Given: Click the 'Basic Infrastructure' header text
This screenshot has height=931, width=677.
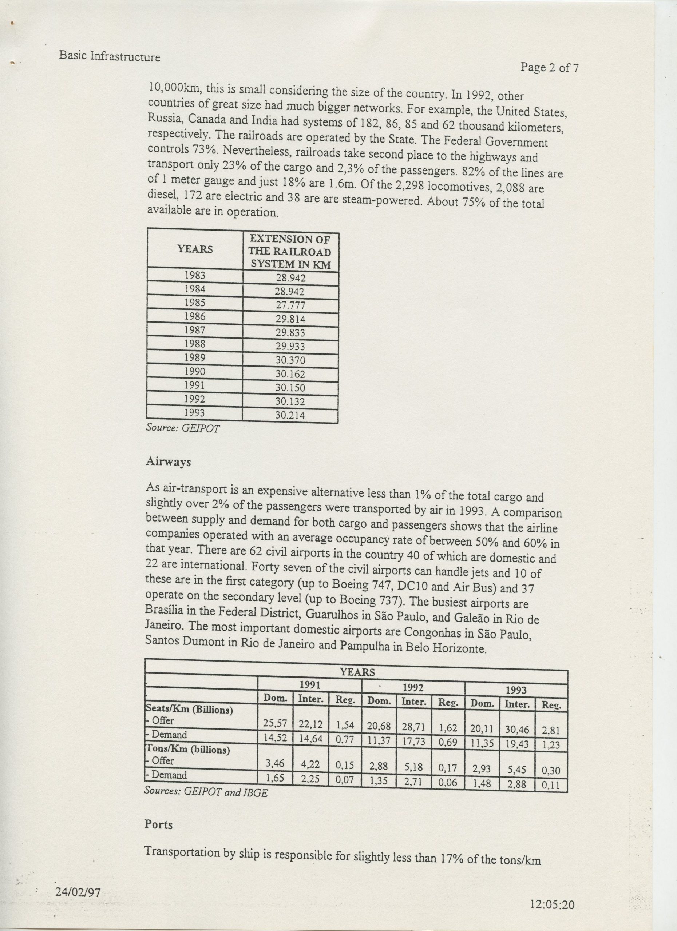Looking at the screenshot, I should click(109, 56).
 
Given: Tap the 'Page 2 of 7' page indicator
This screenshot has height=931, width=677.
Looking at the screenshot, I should click(550, 67).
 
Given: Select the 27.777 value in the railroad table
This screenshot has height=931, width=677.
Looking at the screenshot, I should click(290, 305).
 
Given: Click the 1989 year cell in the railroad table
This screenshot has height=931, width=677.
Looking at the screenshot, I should click(195, 357).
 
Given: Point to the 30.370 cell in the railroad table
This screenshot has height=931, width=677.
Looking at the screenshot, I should click(290, 360).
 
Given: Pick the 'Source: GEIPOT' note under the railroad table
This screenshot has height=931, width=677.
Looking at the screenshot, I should click(183, 428).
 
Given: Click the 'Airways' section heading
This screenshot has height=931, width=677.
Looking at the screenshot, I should click(169, 462).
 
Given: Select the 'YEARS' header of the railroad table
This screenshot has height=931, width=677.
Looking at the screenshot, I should click(195, 249).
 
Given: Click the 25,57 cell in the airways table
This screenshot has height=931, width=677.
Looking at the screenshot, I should click(275, 723).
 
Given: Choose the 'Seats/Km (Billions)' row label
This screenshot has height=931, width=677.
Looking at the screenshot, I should click(189, 709).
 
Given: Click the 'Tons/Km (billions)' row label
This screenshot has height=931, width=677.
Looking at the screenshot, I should click(187, 749).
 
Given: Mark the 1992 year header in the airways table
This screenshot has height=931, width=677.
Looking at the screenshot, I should click(413, 688).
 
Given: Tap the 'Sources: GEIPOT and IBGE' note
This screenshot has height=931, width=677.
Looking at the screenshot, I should click(206, 792).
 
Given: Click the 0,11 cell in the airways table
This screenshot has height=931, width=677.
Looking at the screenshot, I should click(550, 785).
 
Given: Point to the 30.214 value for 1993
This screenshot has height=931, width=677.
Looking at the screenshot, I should click(290, 415).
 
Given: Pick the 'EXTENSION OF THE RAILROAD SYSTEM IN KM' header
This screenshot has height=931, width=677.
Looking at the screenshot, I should click(290, 251).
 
